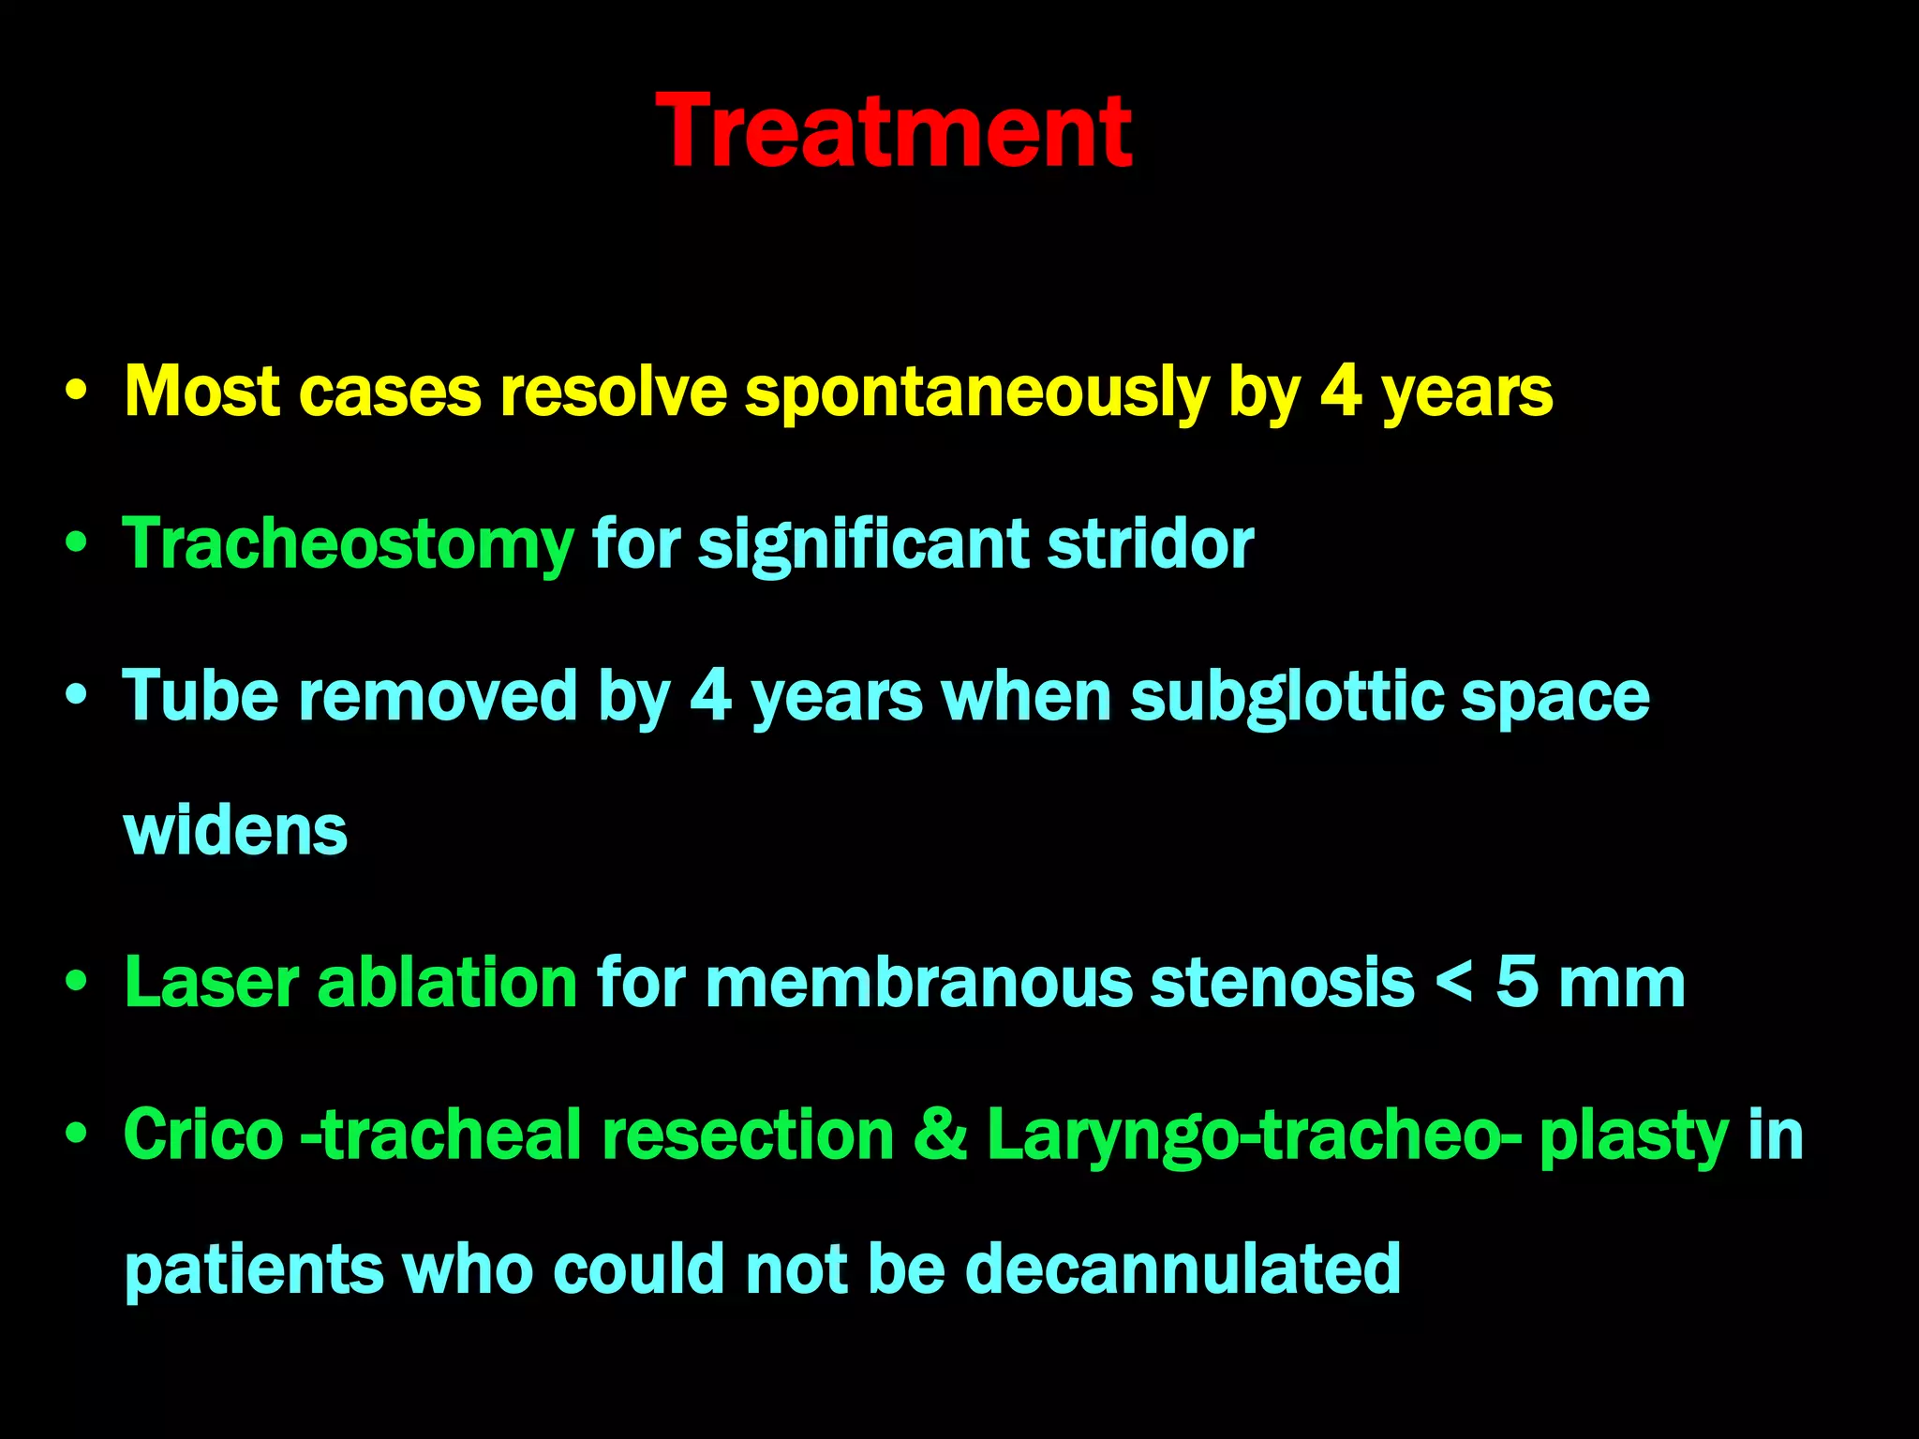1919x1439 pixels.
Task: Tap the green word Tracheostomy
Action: (x=348, y=545)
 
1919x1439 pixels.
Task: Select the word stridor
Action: (x=1150, y=544)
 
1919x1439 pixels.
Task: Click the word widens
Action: (x=235, y=831)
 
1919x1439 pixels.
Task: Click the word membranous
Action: (x=917, y=983)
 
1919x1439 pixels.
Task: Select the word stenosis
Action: (x=1282, y=983)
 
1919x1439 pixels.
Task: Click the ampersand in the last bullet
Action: (x=940, y=1135)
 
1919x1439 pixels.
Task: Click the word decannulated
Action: (x=1183, y=1269)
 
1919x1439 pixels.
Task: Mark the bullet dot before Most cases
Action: (x=77, y=391)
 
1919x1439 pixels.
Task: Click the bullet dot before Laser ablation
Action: (x=77, y=983)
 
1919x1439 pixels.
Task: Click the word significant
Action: (x=863, y=544)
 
